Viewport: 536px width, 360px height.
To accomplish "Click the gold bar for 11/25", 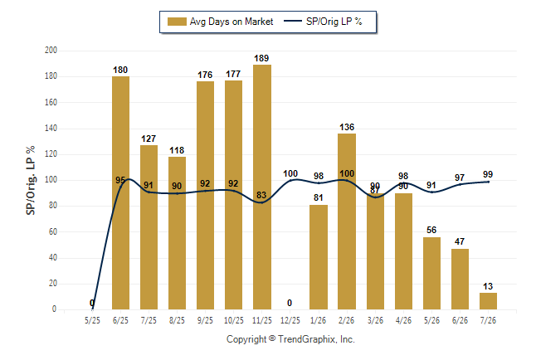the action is pos(262,187).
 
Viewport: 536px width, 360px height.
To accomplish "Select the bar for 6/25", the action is pos(120,192).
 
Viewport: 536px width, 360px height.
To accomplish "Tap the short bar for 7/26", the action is pos(488,301).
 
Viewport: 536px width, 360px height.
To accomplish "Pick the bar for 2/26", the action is pos(347,221).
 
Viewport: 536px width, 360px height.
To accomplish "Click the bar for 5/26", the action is pos(431,273).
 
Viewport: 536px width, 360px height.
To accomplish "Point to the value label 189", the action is pos(261,58).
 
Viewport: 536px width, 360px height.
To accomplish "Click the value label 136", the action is pos(347,127).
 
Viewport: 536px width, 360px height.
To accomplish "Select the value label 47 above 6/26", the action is pos(460,241).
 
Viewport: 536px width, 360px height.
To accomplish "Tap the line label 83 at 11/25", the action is pos(261,195).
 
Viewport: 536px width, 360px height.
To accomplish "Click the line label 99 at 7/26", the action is pos(488,174).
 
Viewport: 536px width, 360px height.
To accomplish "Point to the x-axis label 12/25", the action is pos(290,321).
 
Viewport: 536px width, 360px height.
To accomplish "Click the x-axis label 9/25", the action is pos(205,321).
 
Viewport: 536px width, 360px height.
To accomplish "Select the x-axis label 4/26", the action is pos(403,321).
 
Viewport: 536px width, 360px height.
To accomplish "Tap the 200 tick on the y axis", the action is pos(51,51).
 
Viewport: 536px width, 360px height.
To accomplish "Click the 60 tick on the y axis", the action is pos(52,231).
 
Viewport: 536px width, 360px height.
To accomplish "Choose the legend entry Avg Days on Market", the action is pos(220,22).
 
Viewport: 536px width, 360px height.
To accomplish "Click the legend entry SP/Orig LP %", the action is pos(323,22).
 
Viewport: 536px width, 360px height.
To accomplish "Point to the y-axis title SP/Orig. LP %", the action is pos(31,181).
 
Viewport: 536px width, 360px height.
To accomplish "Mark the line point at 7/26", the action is pos(488,182).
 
